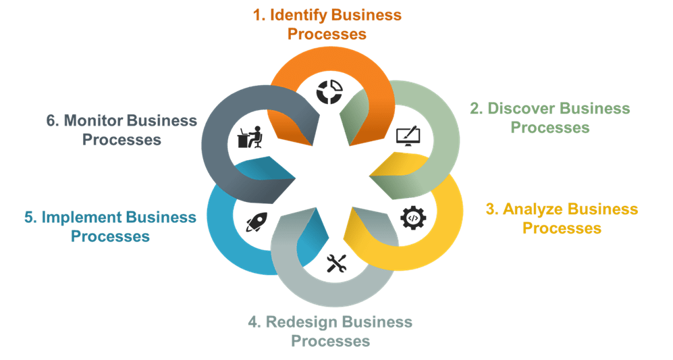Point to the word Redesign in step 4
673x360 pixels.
point(303,322)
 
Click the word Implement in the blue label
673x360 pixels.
point(83,217)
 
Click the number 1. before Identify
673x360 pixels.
point(259,16)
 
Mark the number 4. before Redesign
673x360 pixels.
point(254,322)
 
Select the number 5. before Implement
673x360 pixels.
point(29,217)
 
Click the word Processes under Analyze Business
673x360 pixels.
point(562,228)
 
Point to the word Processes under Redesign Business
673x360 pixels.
point(330,340)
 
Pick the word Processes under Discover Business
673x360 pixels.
point(549,127)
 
